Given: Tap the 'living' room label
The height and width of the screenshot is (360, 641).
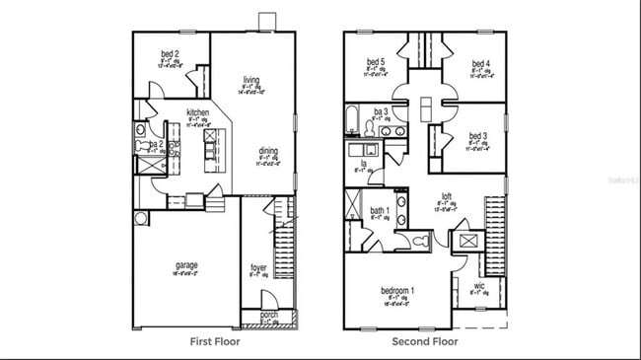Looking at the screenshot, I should [x=252, y=79].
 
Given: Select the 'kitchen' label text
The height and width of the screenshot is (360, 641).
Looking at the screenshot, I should [x=197, y=113].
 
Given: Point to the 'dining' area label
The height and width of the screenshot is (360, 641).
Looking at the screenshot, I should [x=268, y=151].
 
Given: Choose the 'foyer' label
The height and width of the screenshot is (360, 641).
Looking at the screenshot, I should [x=258, y=266].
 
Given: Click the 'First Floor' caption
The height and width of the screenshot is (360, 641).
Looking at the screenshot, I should [x=214, y=342].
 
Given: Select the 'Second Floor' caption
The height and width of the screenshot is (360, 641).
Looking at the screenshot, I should [x=424, y=342].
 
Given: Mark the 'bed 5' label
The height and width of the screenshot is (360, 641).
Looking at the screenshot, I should [x=377, y=59].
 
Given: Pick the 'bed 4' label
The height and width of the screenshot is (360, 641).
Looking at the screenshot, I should [x=481, y=59].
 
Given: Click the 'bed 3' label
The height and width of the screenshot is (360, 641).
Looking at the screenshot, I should [x=478, y=135].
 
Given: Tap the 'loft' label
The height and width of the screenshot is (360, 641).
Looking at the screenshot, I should [x=446, y=196].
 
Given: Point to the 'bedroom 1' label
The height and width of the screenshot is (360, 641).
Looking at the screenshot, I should [x=397, y=291].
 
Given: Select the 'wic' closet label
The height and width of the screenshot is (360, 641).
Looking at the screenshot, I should [x=478, y=287].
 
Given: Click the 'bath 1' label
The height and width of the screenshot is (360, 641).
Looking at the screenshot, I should [x=379, y=210].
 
